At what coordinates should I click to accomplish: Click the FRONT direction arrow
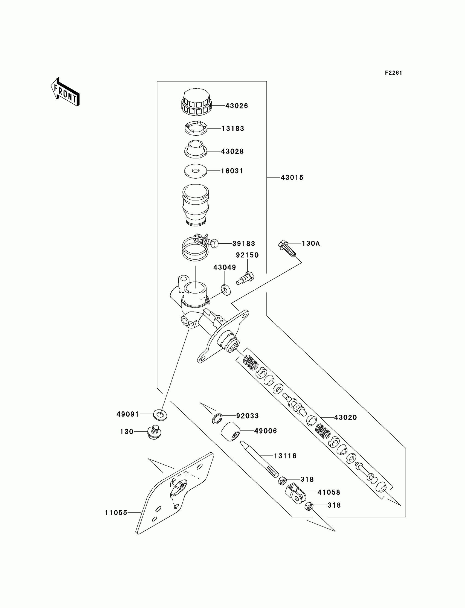[x=65, y=92]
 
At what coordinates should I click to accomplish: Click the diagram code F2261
[x=393, y=73]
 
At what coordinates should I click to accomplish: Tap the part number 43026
[x=236, y=106]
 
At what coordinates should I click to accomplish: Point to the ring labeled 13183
[x=196, y=128]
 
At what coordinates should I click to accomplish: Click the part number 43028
[x=232, y=151]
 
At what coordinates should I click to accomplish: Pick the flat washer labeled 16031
[x=196, y=171]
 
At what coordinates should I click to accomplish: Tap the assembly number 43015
[x=292, y=178]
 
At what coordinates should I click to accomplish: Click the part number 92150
[x=247, y=255]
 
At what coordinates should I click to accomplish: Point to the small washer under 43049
[x=226, y=290]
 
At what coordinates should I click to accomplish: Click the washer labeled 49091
[x=160, y=415]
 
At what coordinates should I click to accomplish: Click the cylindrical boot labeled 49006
[x=230, y=431]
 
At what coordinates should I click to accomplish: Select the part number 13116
[x=285, y=456]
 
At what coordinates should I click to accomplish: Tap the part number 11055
[x=116, y=513]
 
